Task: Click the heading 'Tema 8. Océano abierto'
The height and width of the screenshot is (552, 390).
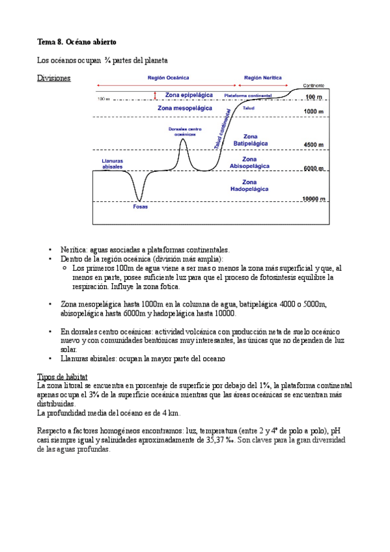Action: click(77, 42)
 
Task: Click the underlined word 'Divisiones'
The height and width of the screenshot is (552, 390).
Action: click(54, 78)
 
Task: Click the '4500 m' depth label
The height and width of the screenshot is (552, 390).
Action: click(314, 145)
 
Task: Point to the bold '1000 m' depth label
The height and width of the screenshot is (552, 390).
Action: click(314, 112)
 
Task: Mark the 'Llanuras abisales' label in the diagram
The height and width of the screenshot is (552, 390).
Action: click(113, 163)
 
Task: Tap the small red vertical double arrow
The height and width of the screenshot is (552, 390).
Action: click(155, 95)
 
